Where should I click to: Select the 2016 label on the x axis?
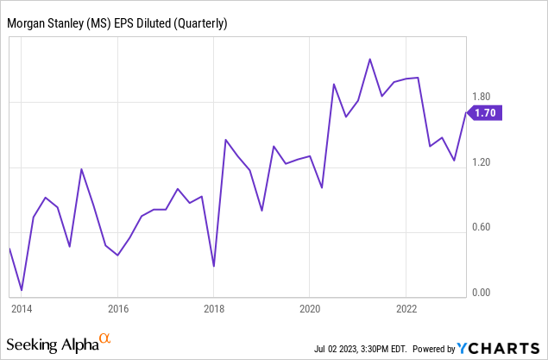coord(118,308)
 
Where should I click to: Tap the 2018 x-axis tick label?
coord(214,308)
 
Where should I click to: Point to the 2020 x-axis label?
coord(311,308)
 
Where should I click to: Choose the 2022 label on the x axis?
coord(406,308)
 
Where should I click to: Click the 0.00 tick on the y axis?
coord(481,292)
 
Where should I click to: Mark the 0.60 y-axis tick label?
coord(481,227)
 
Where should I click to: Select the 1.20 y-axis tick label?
coord(481,162)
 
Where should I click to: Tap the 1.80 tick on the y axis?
coord(481,98)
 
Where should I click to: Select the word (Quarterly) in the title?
coord(200,23)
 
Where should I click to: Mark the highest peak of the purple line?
coord(370,60)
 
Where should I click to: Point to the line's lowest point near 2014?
coord(22,290)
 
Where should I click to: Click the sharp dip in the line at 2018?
coord(213,266)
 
